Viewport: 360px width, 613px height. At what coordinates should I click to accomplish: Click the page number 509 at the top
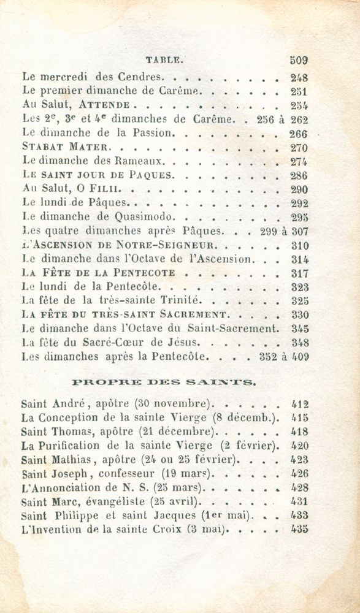(298, 60)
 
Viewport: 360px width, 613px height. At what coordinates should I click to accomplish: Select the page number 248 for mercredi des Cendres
(298, 78)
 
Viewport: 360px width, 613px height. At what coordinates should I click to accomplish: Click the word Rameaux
(144, 161)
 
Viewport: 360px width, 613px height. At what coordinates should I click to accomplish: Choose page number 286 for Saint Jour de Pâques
(298, 175)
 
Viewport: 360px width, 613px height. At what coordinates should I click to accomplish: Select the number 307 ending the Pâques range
(299, 231)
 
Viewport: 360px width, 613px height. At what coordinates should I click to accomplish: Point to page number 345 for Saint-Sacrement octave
(299, 329)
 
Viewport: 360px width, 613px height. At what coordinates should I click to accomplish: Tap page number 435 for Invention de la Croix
(299, 529)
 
